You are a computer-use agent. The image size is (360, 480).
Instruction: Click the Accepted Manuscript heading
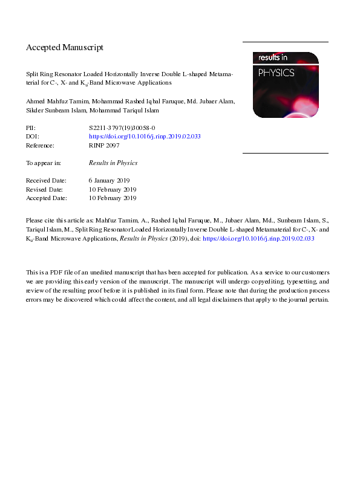click(65, 47)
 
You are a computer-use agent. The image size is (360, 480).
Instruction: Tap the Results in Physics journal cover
click(285, 84)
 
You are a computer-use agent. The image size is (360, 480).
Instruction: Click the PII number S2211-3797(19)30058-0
click(122, 128)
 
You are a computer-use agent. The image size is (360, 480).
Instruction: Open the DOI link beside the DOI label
click(145, 137)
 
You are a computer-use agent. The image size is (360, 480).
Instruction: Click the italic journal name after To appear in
click(113, 163)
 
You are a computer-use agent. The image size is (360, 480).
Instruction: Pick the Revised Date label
click(45, 189)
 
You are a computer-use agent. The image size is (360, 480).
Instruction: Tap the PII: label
click(31, 128)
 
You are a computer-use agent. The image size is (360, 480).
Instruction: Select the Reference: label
click(40, 146)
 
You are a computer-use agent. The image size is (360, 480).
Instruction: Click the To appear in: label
click(44, 163)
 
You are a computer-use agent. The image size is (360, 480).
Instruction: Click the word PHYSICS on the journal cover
click(276, 73)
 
